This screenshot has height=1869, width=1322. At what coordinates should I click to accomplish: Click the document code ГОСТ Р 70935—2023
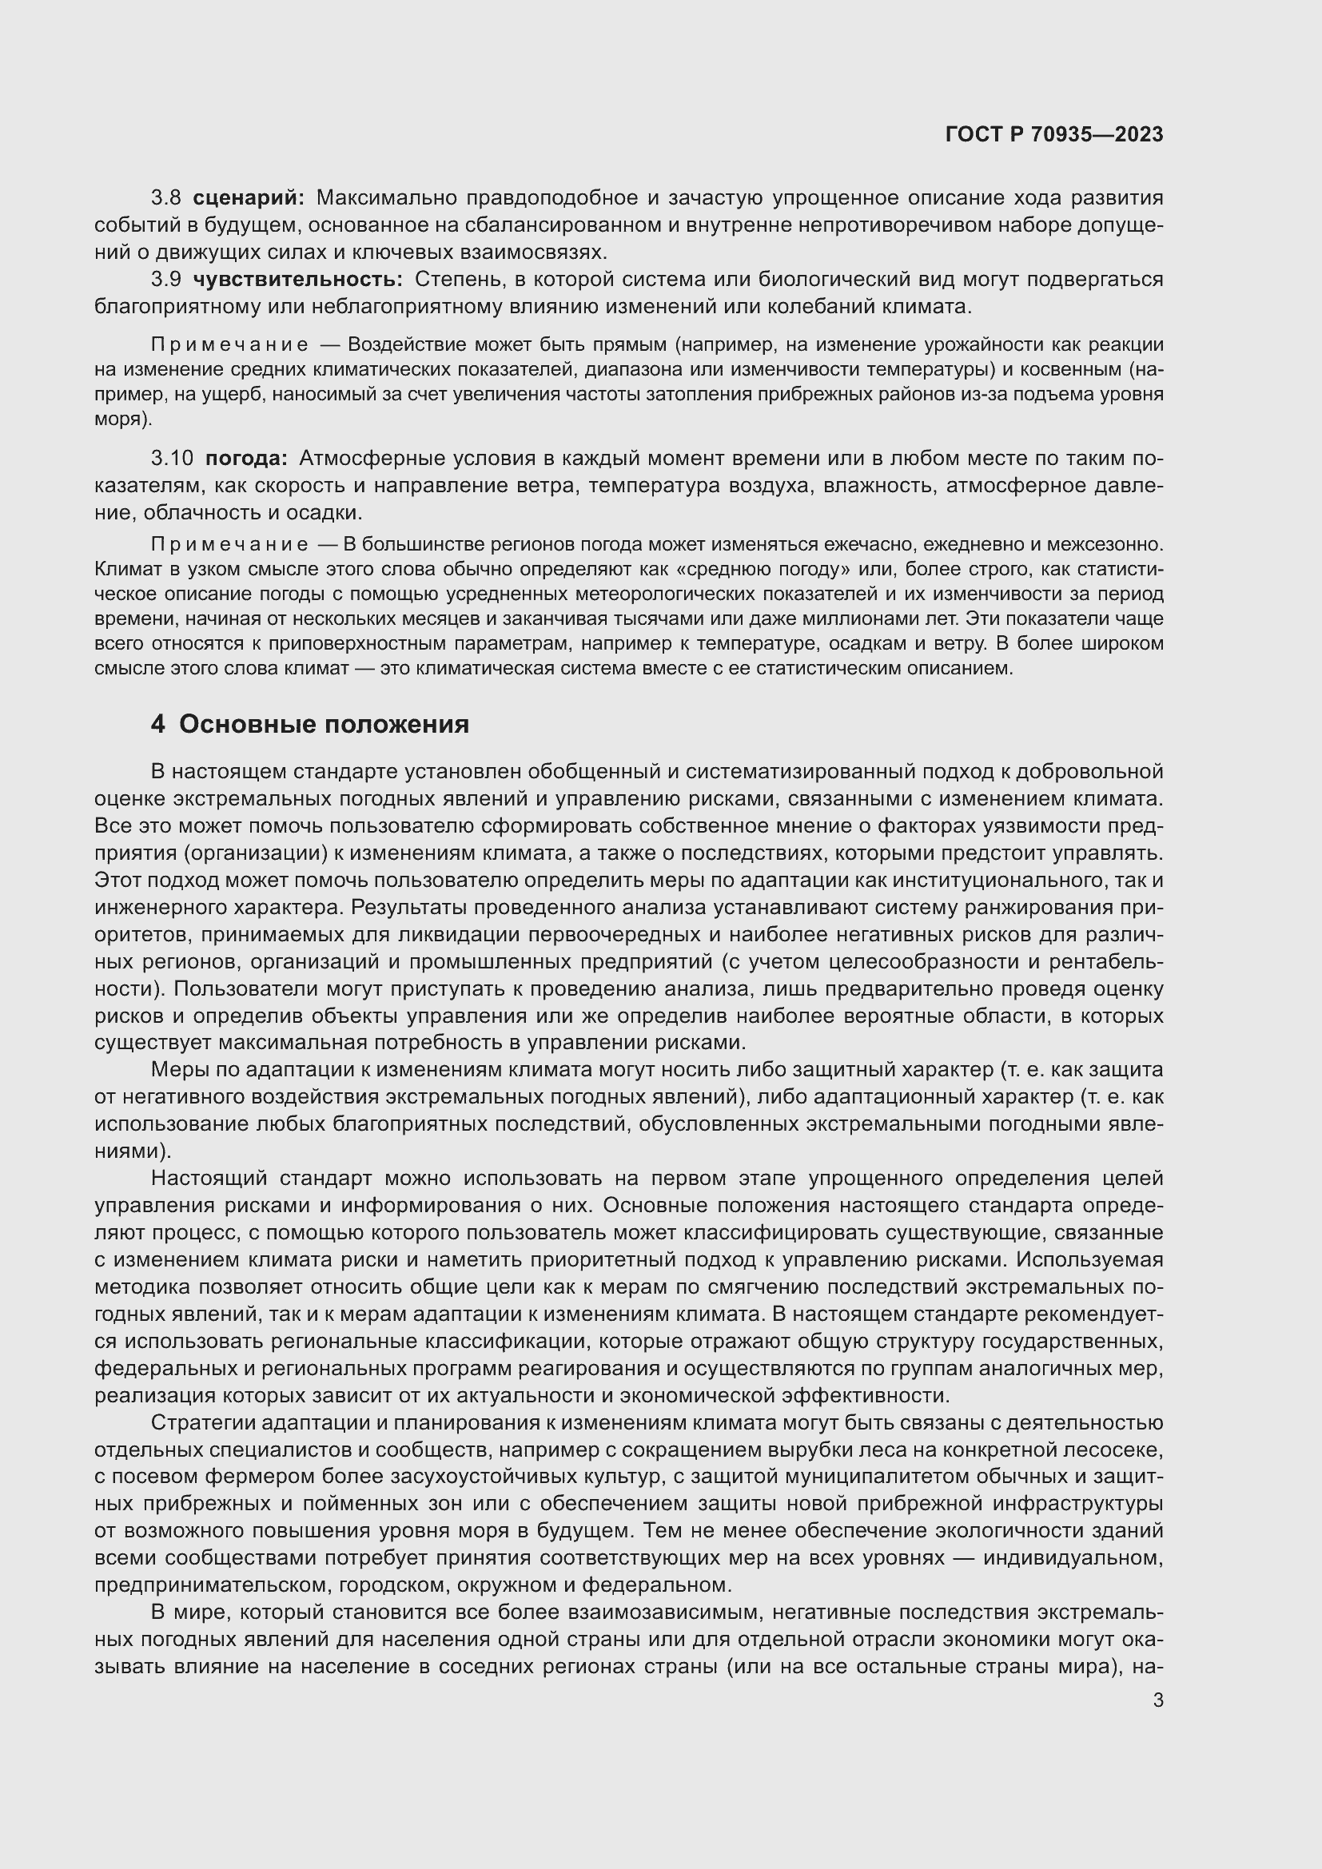coord(1054,134)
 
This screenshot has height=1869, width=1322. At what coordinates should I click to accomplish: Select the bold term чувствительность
coord(297,279)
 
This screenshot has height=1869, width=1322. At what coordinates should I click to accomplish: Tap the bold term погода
coord(246,459)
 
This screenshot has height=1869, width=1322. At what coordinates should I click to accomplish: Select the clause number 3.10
coord(172,459)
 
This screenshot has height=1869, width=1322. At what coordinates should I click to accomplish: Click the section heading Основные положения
coord(324,724)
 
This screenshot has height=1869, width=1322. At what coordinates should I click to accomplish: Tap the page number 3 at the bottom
coord(1158,1700)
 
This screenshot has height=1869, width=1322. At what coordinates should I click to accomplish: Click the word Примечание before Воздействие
coord(229,345)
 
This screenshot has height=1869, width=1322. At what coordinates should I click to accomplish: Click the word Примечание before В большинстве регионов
coord(229,544)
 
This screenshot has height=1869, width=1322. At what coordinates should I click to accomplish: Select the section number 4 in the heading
coord(158,724)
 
